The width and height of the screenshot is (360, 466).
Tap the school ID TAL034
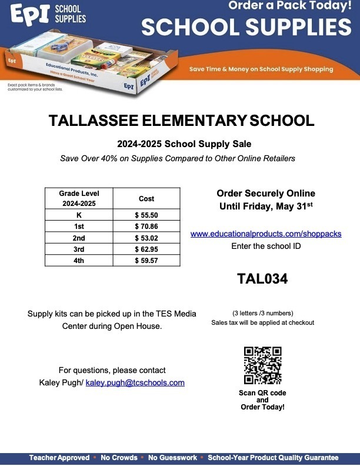pos(262,278)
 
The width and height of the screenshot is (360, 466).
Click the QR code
pos(262,365)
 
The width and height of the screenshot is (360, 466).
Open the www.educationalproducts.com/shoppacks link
pos(266,234)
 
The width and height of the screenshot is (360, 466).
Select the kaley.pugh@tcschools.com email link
pos(135,382)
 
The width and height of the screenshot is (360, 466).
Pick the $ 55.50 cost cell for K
pos(146,215)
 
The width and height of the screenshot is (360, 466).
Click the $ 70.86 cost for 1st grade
pos(146,226)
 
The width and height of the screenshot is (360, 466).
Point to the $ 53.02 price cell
pos(146,238)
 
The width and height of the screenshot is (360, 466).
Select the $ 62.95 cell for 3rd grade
pos(146,249)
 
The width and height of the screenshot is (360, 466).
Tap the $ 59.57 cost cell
pos(146,260)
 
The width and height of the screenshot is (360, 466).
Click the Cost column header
pos(146,199)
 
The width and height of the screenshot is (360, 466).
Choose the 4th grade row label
pos(79,260)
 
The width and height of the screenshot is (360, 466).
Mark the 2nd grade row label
pos(79,238)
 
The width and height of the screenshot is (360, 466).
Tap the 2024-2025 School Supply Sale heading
pos(180,144)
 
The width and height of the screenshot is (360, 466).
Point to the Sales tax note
pos(262,322)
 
